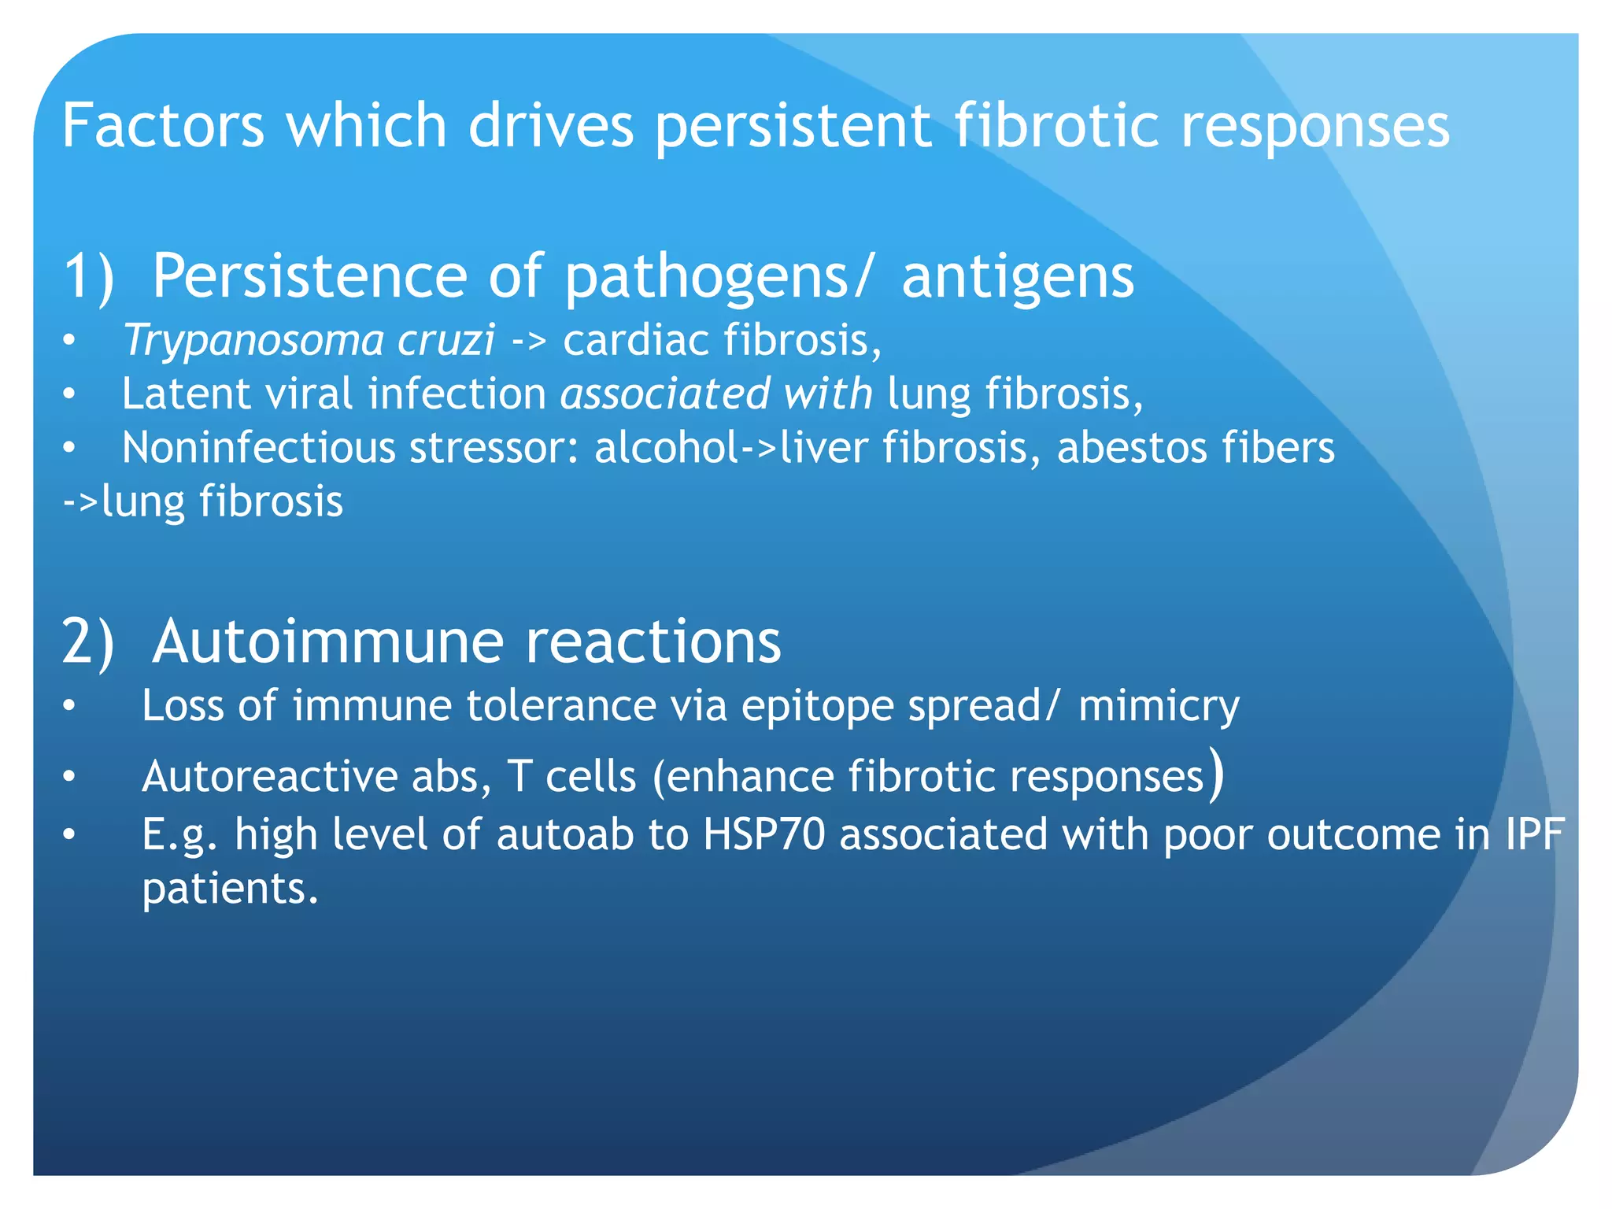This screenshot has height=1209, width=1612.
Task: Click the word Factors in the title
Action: [x=163, y=125]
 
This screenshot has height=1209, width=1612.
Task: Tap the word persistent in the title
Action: [x=793, y=125]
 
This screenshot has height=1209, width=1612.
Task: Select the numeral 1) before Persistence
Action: [x=88, y=276]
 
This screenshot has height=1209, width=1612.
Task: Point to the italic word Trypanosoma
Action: [x=253, y=341]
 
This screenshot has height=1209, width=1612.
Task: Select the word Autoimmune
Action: [x=327, y=641]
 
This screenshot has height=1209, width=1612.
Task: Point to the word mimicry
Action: [x=1158, y=705]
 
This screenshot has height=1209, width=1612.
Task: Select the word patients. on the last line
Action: [x=230, y=889]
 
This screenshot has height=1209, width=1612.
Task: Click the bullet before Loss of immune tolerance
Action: [x=69, y=707]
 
